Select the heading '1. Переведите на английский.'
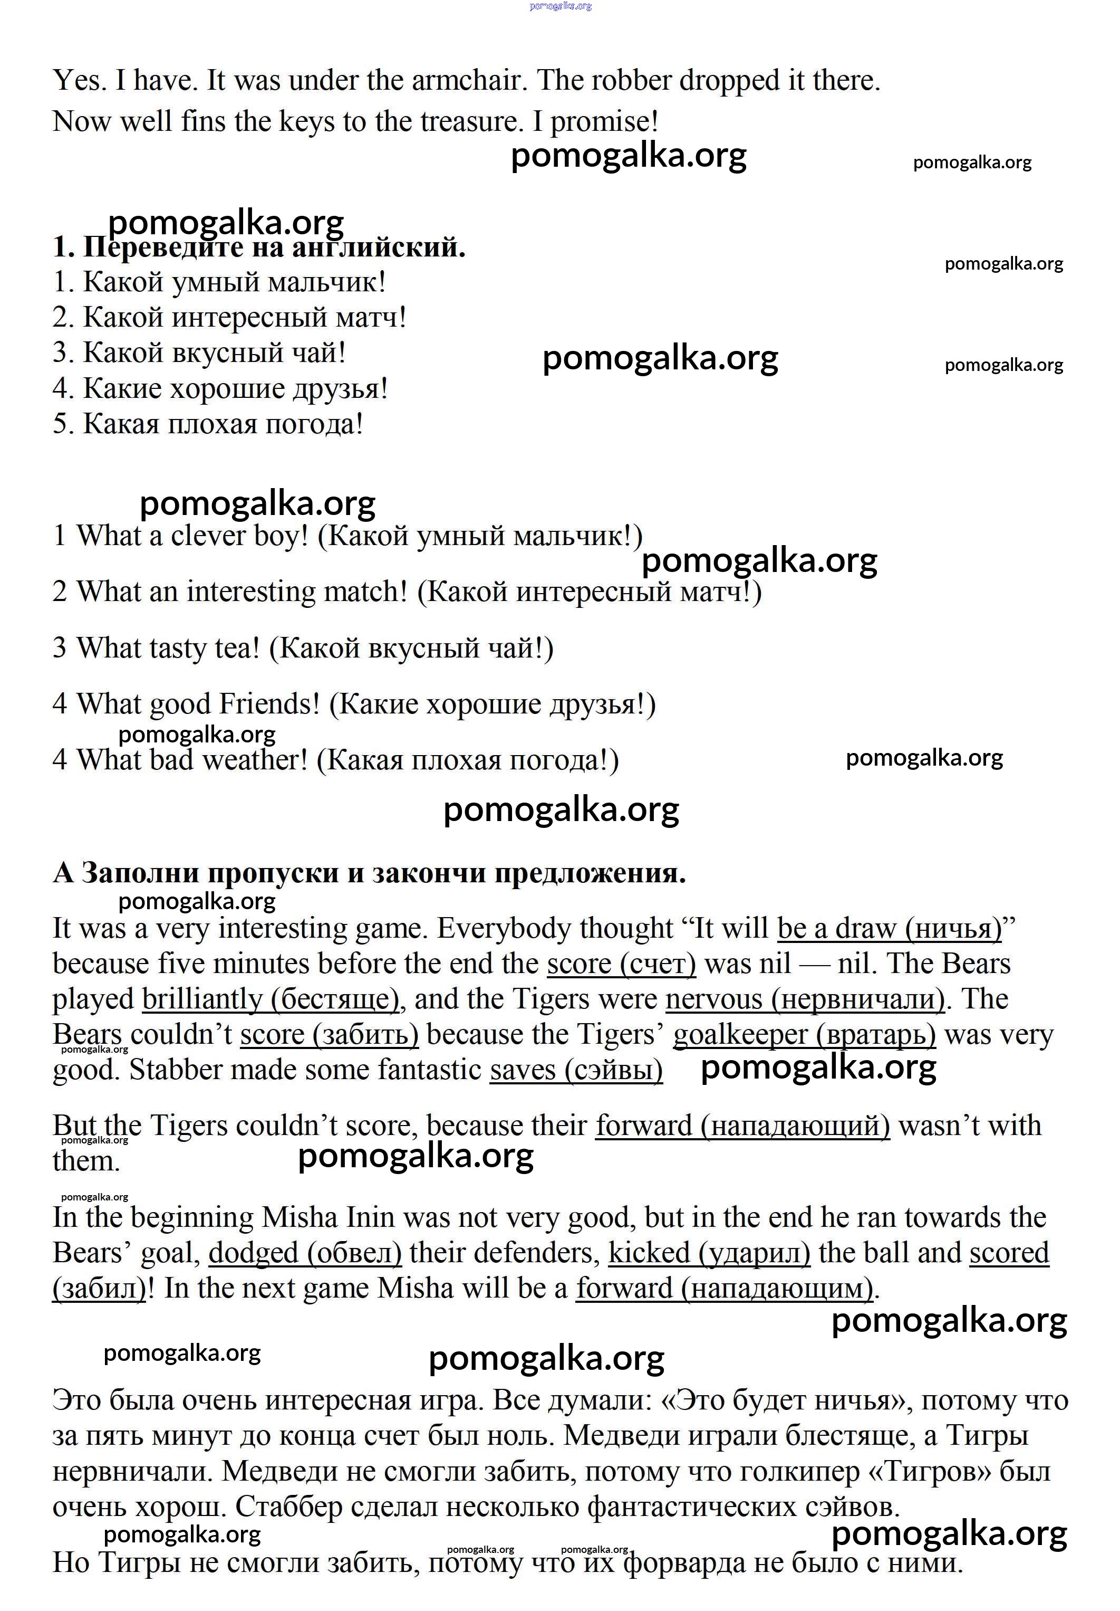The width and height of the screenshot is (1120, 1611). (x=259, y=247)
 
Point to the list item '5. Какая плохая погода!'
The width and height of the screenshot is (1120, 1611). (x=208, y=424)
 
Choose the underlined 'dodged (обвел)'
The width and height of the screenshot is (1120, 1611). (x=305, y=1253)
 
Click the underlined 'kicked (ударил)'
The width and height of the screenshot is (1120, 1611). (x=709, y=1253)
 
